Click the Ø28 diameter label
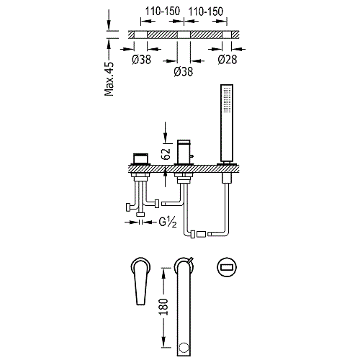pyautogui.click(x=228, y=60)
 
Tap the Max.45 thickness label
pyautogui.click(x=109, y=79)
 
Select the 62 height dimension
pyautogui.click(x=166, y=154)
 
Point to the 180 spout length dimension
pyautogui.click(x=163, y=307)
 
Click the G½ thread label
pyautogui.click(x=168, y=222)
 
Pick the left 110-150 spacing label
pyautogui.click(x=163, y=12)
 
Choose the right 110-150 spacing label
pyautogui.click(x=206, y=12)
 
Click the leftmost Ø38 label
pyautogui.click(x=141, y=60)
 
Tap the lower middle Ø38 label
pyautogui.click(x=184, y=71)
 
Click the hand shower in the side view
pyautogui.click(x=227, y=122)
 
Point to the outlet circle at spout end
pyautogui.click(x=184, y=348)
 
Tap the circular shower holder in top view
pyautogui.click(x=227, y=266)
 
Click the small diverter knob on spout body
pyautogui.click(x=192, y=157)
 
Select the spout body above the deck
pyautogui.click(x=184, y=152)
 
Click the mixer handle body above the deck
pyautogui.click(x=141, y=158)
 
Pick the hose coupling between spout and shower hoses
pyautogui.click(x=202, y=234)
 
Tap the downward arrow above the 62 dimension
pyautogui.click(x=165, y=132)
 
